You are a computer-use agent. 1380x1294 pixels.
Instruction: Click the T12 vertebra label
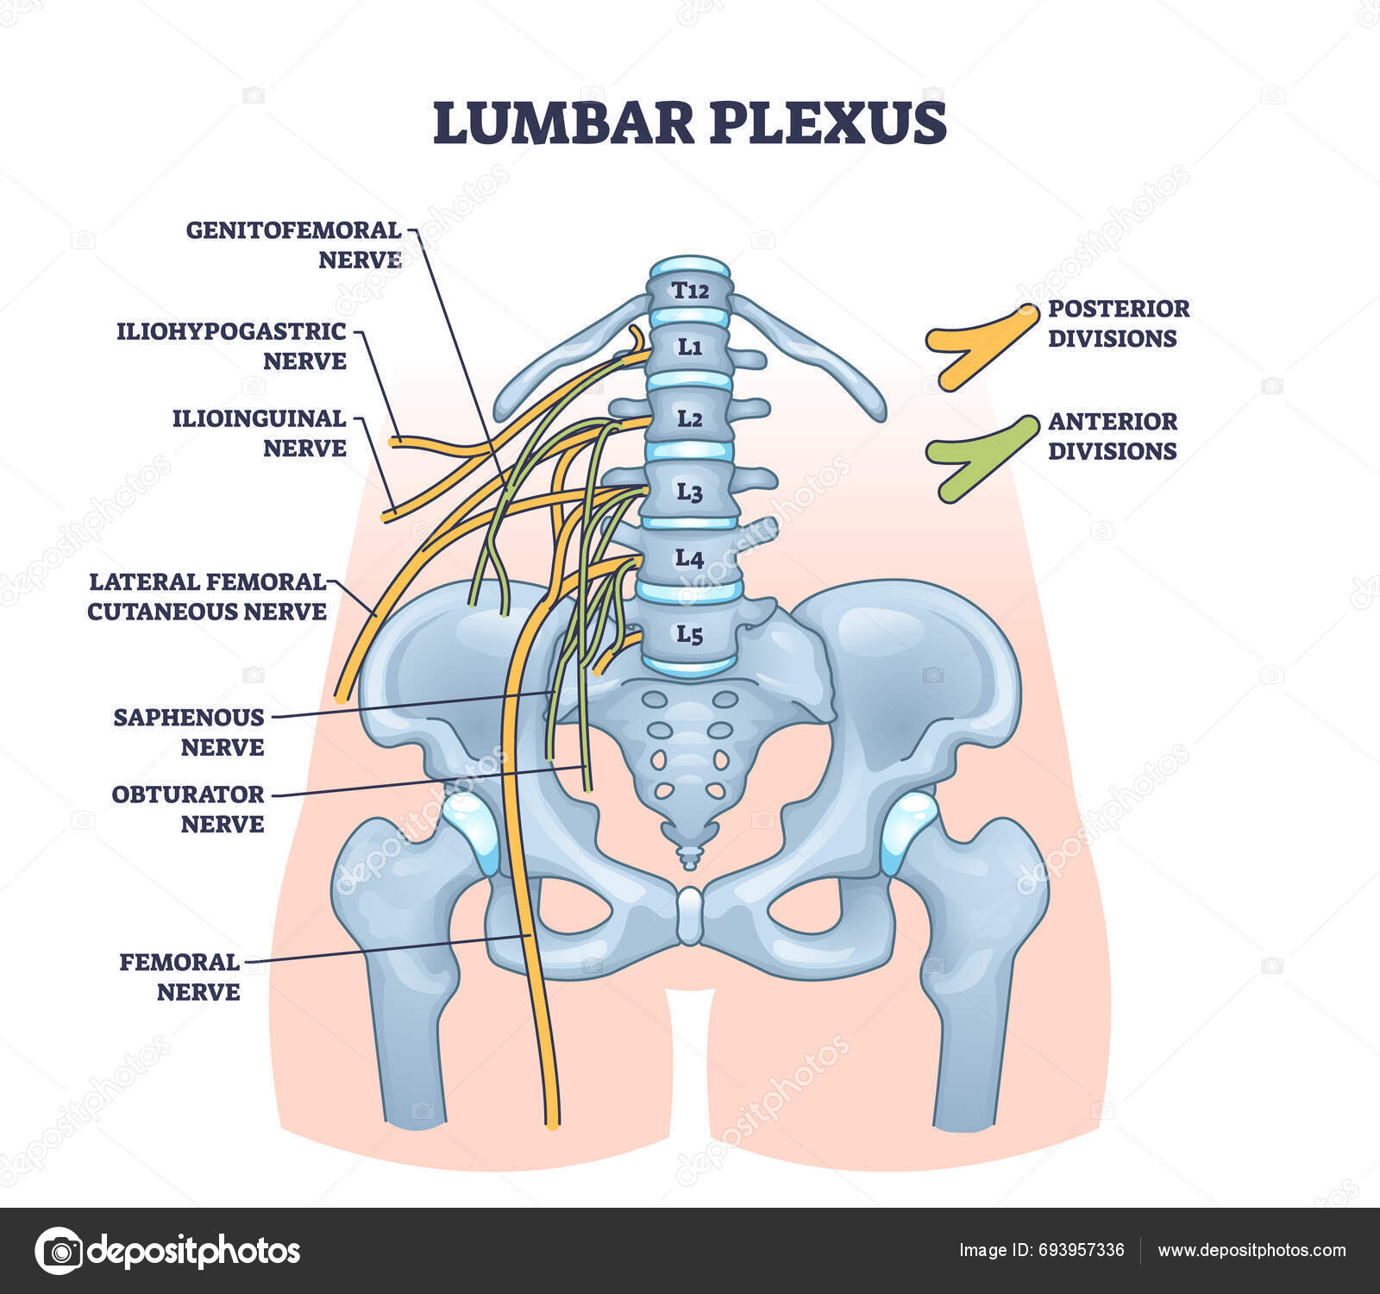pyautogui.click(x=690, y=291)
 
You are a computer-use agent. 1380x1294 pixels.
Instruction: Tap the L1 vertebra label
pyautogui.click(x=690, y=348)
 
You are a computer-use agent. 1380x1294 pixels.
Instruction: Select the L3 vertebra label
pyautogui.click(x=689, y=493)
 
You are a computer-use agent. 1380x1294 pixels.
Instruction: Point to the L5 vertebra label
pyautogui.click(x=689, y=636)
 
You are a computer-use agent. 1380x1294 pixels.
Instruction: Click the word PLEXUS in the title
pyautogui.click(x=828, y=123)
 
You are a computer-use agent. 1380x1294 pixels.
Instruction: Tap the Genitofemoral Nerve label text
pyautogui.click(x=294, y=245)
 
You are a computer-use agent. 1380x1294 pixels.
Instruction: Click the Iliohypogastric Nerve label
pyautogui.click(x=231, y=346)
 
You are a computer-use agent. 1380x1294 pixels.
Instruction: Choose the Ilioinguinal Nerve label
pyautogui.click(x=259, y=433)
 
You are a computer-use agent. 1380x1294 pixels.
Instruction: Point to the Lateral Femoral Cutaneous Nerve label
pyautogui.click(x=207, y=596)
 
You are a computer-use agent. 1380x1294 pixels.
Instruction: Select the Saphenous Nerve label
pyautogui.click(x=189, y=732)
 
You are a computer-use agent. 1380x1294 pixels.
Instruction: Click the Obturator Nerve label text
pyautogui.click(x=188, y=808)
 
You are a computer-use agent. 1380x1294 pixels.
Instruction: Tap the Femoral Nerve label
pyautogui.click(x=179, y=977)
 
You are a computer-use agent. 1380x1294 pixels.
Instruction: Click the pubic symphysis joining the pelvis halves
pyautogui.click(x=690, y=916)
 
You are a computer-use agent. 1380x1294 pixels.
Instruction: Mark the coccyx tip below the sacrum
pyautogui.click(x=690, y=857)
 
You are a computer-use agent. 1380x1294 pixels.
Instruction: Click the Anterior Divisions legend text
pyautogui.click(x=1113, y=436)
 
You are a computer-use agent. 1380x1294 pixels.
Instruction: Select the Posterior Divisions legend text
pyautogui.click(x=1119, y=323)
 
